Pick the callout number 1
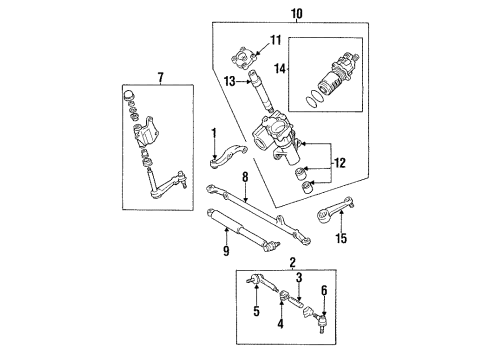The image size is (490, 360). click(214, 132)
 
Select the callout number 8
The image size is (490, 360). click(244, 177)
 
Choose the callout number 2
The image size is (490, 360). click(293, 264)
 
